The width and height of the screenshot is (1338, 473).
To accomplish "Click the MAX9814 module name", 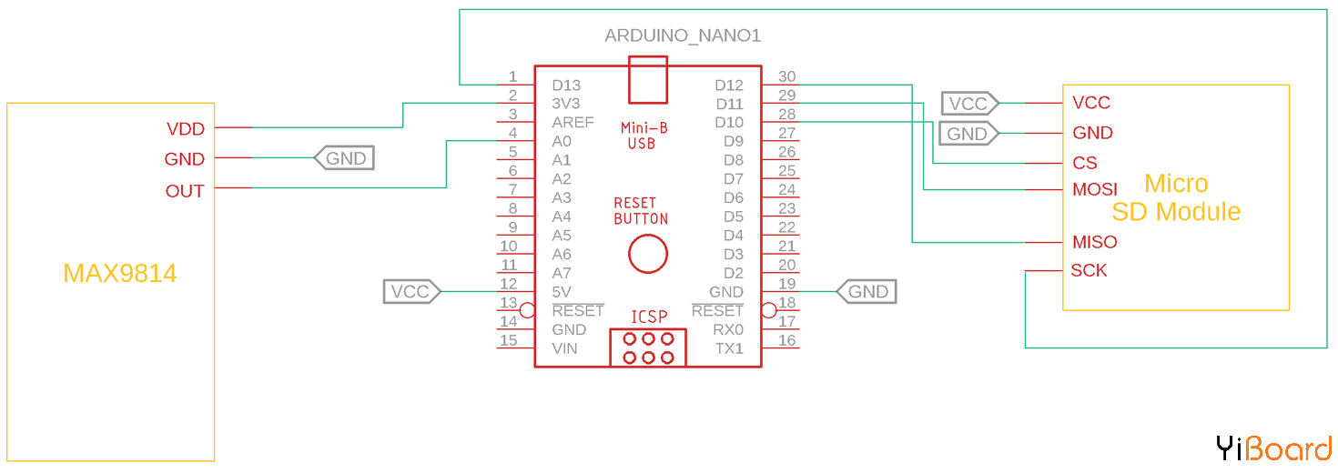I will tap(120, 274).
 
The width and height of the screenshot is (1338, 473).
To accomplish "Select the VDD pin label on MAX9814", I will tap(185, 129).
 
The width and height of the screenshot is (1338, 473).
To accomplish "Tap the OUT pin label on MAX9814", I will tap(185, 191).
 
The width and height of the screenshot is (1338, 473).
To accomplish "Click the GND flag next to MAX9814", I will tap(344, 158).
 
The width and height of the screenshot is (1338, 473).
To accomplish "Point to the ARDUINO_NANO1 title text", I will tap(683, 36).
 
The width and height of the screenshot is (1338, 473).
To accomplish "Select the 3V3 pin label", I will tap(566, 104).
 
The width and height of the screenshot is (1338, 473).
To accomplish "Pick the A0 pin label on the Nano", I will tap(562, 142).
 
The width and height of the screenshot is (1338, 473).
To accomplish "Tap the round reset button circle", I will tap(648, 253).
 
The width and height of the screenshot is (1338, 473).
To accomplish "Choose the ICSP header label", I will tap(649, 317).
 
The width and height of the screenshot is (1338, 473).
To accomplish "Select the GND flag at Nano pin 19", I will tap(867, 292).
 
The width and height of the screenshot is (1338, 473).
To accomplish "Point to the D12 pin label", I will tap(729, 86).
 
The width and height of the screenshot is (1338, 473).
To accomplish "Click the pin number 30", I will tap(787, 76).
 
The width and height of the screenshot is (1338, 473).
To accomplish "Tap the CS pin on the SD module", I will tap(1085, 164).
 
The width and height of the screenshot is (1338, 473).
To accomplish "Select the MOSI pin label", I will tap(1095, 190).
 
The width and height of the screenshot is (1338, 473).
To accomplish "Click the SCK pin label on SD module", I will tap(1089, 271).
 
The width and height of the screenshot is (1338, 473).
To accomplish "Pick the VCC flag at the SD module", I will tap(969, 104).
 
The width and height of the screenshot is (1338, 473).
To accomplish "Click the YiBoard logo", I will tap(1273, 448).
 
